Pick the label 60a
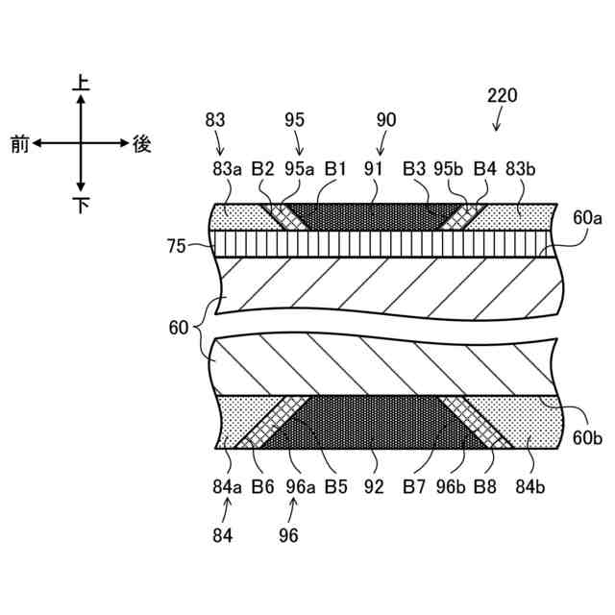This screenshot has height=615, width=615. coord(587,219)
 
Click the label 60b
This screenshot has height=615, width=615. coord(587,437)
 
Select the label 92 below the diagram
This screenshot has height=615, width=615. coord(376,487)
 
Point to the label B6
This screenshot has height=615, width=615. coord(262,487)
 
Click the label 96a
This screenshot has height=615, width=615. coord(300,487)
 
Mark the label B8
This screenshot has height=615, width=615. coord(485,487)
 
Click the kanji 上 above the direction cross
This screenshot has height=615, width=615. coord(82,85)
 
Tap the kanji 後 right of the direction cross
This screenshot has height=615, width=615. coord(142,144)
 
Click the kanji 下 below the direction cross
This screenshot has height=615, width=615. coord(82,204)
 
